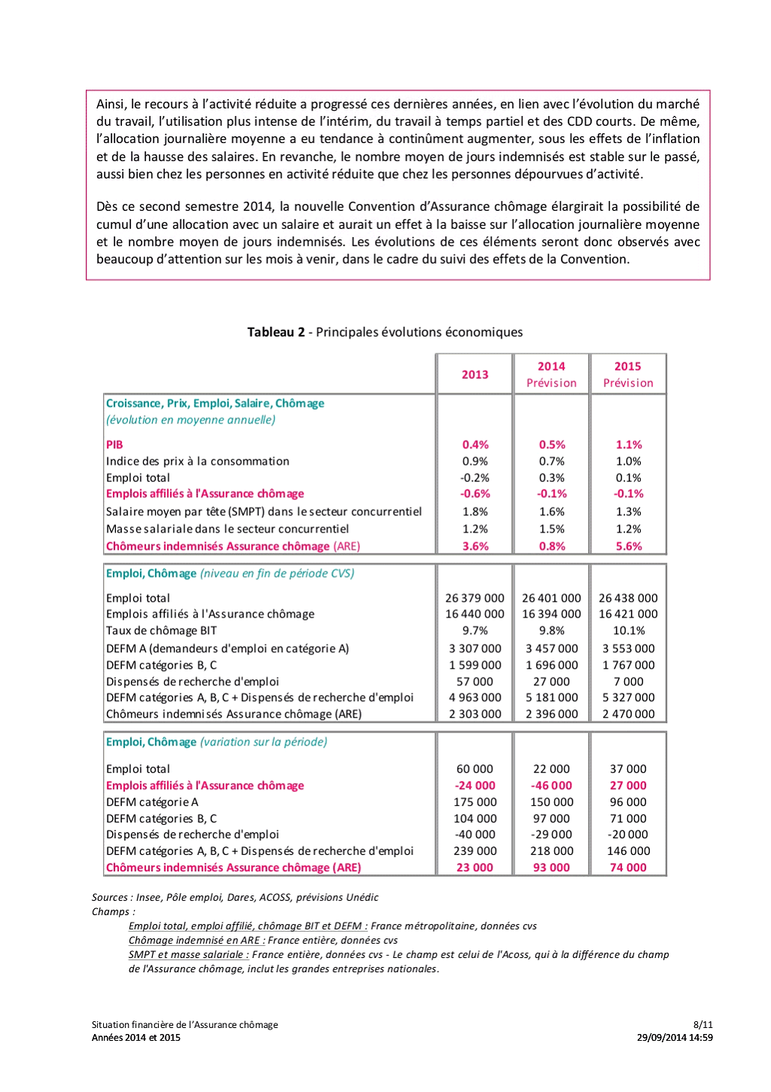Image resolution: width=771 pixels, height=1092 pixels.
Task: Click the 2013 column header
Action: (474, 374)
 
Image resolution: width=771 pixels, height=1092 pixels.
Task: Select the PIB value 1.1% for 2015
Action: (628, 444)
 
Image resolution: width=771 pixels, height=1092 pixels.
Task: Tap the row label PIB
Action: (114, 444)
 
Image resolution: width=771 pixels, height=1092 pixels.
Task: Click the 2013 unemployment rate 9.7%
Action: (474, 630)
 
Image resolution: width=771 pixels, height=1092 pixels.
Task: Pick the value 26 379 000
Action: (474, 598)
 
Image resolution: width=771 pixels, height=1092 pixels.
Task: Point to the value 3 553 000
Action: (628, 648)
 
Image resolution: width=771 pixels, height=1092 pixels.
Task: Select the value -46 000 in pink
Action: (551, 785)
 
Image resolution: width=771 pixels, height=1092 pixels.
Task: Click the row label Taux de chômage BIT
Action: (161, 630)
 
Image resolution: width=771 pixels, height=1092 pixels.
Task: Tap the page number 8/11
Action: (702, 1024)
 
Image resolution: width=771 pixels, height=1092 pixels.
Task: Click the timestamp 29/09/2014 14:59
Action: (675, 1037)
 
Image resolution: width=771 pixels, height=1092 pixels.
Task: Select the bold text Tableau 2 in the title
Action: (276, 332)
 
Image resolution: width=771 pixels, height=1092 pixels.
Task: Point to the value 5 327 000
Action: (628, 697)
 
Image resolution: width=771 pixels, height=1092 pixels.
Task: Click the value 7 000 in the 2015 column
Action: (628, 682)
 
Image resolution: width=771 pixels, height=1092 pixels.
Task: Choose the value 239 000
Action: (474, 851)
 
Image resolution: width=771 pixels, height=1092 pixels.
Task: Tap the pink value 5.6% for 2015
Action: (628, 546)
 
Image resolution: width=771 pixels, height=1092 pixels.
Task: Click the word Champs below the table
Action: (111, 911)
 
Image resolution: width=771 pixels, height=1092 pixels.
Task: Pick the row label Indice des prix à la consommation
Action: (197, 461)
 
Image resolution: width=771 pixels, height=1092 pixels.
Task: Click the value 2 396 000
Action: (551, 714)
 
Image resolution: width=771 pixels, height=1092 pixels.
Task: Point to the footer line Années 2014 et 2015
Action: (136, 1037)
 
